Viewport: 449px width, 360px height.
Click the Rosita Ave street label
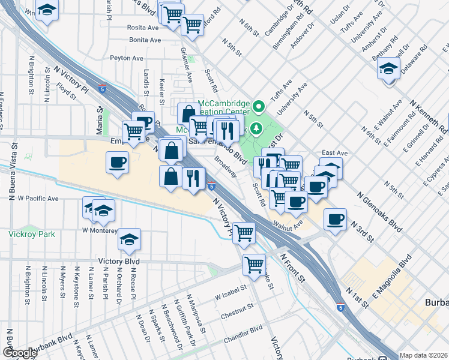[143, 28]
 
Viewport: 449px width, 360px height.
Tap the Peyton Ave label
[127, 58]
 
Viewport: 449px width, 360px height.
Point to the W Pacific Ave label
[38, 198]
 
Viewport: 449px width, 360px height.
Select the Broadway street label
[226, 168]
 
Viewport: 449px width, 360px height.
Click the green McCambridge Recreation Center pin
[259, 107]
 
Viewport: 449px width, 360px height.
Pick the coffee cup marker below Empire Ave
[117, 161]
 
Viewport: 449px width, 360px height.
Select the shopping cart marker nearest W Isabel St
[254, 263]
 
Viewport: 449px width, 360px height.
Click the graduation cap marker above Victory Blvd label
[129, 239]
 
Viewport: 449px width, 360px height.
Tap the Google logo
[19, 353]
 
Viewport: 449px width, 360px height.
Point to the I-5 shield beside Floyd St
[103, 89]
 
